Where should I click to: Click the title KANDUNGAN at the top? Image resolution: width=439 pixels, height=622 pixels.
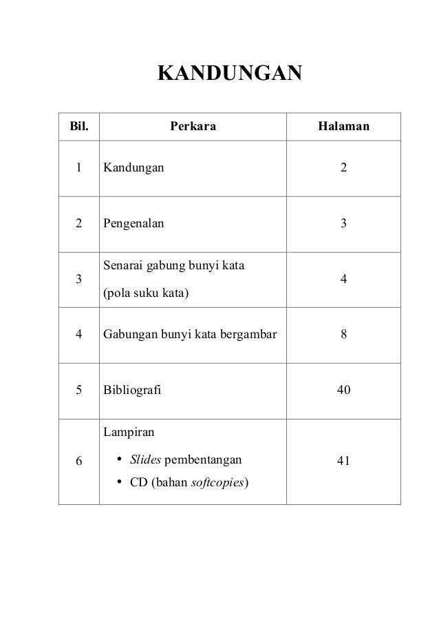(230, 73)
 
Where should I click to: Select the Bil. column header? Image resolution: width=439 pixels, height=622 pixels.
(74, 127)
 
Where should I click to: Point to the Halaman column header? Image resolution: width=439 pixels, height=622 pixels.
(343, 127)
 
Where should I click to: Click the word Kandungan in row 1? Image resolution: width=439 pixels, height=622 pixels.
(133, 167)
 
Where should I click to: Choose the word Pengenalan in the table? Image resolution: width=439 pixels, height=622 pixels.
(134, 223)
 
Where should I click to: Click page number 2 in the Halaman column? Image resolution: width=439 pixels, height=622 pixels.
(343, 167)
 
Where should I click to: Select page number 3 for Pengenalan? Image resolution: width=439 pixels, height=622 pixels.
(343, 223)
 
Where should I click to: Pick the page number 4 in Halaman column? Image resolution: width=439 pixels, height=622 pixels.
(343, 280)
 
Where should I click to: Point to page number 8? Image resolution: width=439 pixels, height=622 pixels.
(343, 335)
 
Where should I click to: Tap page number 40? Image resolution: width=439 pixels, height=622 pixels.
(343, 391)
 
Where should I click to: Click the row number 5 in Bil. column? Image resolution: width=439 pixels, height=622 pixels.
(79, 391)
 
